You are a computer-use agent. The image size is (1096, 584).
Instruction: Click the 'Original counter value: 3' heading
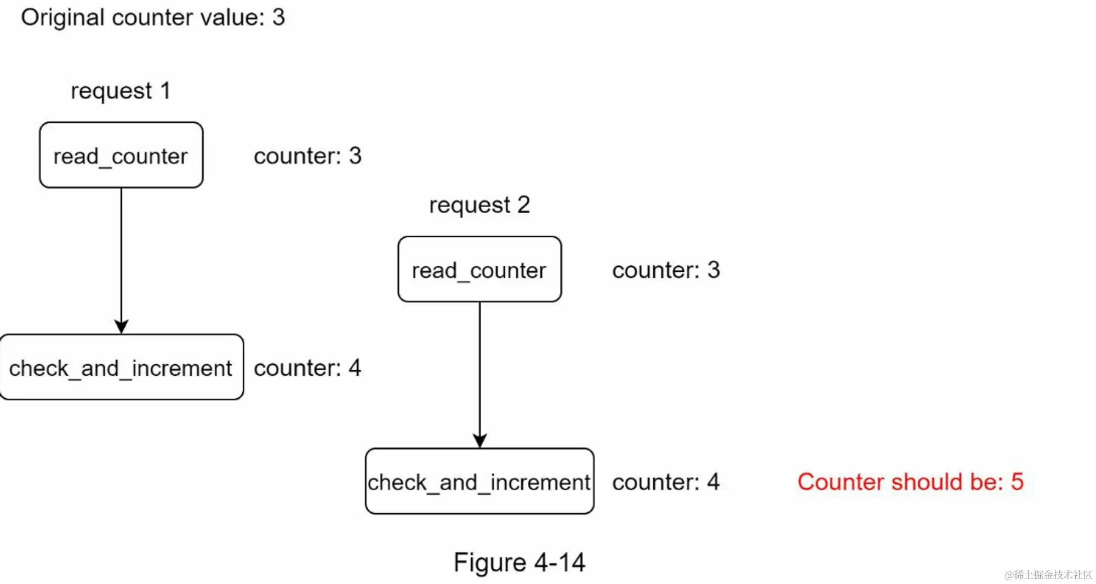click(152, 18)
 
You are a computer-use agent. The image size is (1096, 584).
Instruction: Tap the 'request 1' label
click(121, 91)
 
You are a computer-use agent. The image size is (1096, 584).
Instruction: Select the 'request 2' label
click(480, 205)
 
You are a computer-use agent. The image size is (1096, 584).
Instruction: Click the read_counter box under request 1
click(121, 156)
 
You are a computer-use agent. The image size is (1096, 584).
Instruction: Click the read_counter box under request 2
click(480, 270)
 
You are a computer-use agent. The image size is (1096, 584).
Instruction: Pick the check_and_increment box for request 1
click(121, 368)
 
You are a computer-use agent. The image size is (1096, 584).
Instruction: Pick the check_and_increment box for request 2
click(480, 482)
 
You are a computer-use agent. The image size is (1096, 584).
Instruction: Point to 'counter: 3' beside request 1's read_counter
click(307, 156)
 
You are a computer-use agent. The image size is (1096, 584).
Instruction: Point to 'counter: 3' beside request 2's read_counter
click(666, 270)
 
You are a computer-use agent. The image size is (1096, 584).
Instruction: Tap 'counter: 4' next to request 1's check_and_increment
click(307, 368)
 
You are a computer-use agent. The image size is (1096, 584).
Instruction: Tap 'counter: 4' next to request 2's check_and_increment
click(666, 482)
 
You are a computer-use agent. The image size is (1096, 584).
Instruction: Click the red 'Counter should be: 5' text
click(910, 482)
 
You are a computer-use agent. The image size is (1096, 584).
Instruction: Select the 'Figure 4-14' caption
click(520, 563)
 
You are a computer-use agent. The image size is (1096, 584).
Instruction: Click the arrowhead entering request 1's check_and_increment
click(121, 327)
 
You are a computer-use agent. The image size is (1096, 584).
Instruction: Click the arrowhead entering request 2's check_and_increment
click(480, 441)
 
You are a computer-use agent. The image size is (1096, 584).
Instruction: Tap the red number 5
click(1017, 482)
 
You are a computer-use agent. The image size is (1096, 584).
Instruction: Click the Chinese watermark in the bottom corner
click(1048, 575)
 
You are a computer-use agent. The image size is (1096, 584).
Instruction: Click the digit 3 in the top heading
click(278, 18)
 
